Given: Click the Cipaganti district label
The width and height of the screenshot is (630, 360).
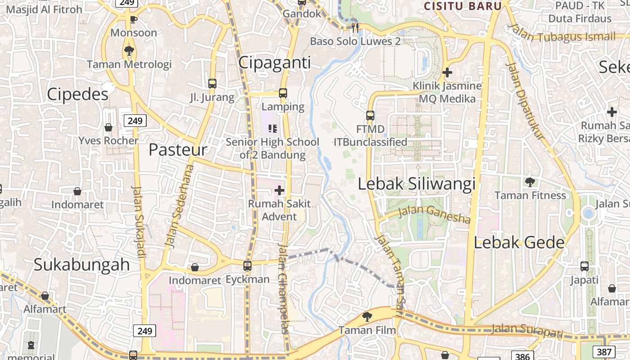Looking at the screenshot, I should [274, 63].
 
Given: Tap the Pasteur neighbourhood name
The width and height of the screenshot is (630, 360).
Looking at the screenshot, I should [178, 150].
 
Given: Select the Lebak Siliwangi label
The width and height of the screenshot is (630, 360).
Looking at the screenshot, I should [417, 184].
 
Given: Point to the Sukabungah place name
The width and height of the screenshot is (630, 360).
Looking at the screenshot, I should [82, 265].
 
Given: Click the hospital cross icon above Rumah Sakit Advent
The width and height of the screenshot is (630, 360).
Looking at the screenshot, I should [279, 190].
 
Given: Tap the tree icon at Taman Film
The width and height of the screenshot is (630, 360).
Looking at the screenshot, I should [367, 316].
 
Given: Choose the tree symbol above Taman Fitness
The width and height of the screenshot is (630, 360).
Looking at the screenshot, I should [530, 182].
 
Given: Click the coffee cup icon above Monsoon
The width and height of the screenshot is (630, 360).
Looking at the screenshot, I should [133, 19].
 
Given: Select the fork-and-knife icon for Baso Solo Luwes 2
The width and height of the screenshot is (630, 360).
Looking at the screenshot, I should [355, 28].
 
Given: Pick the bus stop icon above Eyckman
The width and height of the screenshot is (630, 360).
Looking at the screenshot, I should [247, 265].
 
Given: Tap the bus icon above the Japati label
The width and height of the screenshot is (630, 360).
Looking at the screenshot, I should [584, 266].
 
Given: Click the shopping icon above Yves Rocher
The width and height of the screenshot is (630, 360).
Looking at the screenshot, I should [108, 127].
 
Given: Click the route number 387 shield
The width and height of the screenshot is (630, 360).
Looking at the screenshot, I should [603, 352].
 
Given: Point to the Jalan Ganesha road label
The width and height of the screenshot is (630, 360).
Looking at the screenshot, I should [435, 214].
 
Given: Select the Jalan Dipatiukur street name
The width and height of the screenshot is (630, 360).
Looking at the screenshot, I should [525, 101].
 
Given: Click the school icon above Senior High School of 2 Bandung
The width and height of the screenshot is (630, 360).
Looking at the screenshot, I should [272, 129].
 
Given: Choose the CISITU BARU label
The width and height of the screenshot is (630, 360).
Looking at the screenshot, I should [463, 6].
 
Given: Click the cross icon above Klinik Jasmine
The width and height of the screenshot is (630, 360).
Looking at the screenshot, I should [447, 72].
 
